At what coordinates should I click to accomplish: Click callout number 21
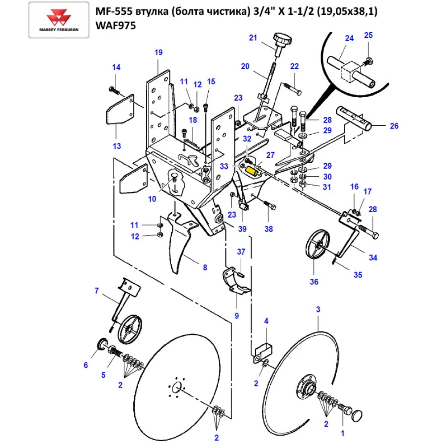click(x=253, y=38)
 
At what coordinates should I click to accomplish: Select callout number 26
click(x=394, y=126)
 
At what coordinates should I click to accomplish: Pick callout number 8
click(x=205, y=268)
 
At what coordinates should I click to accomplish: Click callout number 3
click(x=318, y=309)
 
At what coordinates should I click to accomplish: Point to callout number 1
click(x=343, y=432)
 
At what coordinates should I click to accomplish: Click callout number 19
click(x=158, y=53)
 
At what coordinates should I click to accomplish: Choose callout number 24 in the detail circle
click(x=349, y=38)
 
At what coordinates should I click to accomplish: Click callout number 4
click(x=266, y=321)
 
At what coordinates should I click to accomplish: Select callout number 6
click(x=86, y=365)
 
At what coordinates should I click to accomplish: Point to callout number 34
click(x=373, y=257)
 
